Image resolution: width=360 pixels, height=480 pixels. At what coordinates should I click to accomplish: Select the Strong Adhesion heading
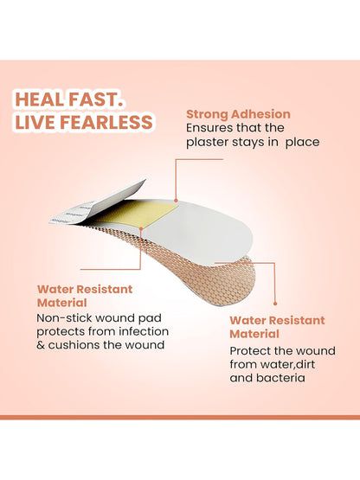pyautogui.click(x=238, y=114)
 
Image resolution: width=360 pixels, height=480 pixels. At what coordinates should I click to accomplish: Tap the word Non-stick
pyautogui.click(x=64, y=318)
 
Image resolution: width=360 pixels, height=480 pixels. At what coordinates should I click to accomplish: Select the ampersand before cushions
pyautogui.click(x=41, y=345)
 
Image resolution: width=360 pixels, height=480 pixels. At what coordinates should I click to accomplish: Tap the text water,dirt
pyautogui.click(x=287, y=364)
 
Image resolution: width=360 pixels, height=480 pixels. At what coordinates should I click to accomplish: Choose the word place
pyautogui.click(x=302, y=143)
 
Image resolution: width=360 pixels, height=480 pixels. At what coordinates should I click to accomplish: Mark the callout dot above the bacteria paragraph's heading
pyautogui.click(x=275, y=304)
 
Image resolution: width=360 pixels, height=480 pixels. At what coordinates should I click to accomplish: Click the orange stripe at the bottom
pyautogui.click(x=180, y=417)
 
